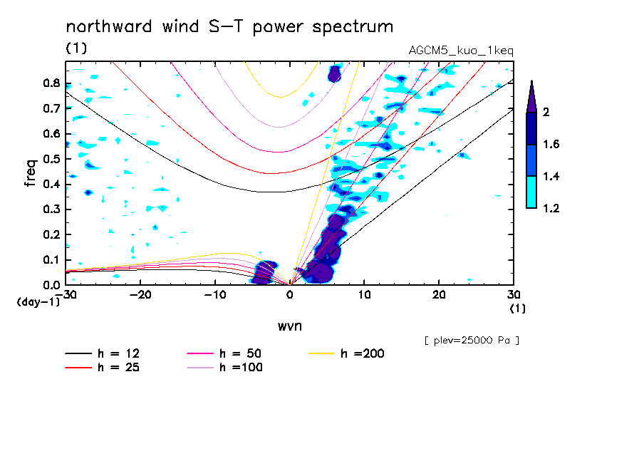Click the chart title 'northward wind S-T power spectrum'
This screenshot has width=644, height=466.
[229, 27]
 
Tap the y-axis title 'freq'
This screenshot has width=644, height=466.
[31, 172]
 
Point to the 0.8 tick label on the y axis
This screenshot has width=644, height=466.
[51, 83]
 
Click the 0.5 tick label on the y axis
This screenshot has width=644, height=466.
[51, 159]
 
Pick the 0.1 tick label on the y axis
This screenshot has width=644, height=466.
[51, 260]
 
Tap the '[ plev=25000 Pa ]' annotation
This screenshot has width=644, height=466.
[471, 341]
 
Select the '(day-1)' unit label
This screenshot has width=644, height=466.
[33, 302]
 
